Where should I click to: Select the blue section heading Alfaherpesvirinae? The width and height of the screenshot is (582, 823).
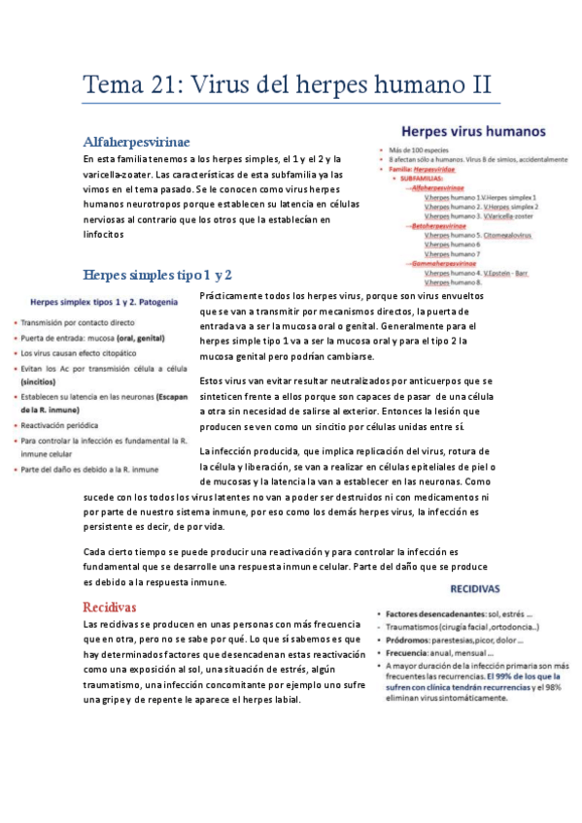(x=136, y=142)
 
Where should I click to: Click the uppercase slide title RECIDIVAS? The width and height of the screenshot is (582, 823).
(x=474, y=588)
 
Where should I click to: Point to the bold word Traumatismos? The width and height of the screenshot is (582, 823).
(x=416, y=628)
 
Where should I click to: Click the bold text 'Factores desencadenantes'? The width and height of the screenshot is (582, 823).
(x=431, y=614)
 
